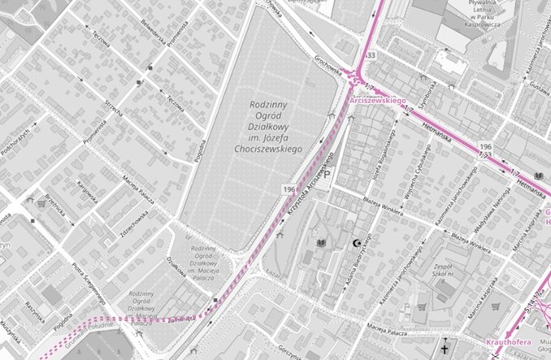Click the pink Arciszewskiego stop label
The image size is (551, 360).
[x=378, y=99]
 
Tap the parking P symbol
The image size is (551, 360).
[x=327, y=174]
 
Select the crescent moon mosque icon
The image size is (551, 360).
[x=357, y=243]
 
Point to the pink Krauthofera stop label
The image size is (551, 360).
[x=509, y=343]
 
